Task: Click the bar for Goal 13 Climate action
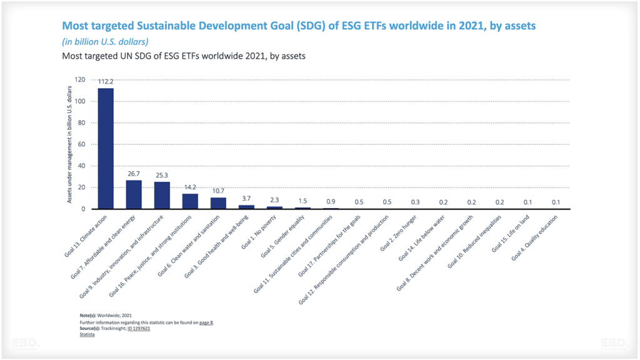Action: pyautogui.click(x=105, y=149)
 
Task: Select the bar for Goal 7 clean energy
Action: pyautogui.click(x=134, y=195)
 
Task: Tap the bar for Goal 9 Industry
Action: pyautogui.click(x=162, y=196)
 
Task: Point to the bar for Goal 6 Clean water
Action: pyautogui.click(x=218, y=203)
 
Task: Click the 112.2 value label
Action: pyautogui.click(x=105, y=81)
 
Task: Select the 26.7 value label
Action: pyautogui.click(x=134, y=173)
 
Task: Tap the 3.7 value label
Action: pyautogui.click(x=246, y=198)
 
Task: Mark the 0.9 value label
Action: pyautogui.click(x=331, y=201)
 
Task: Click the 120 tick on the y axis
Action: pyautogui.click(x=79, y=80)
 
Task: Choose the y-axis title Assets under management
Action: pyautogui.click(x=70, y=144)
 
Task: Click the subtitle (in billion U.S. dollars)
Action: pyautogui.click(x=105, y=42)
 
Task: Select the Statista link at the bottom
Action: pyautogui.click(x=87, y=334)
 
